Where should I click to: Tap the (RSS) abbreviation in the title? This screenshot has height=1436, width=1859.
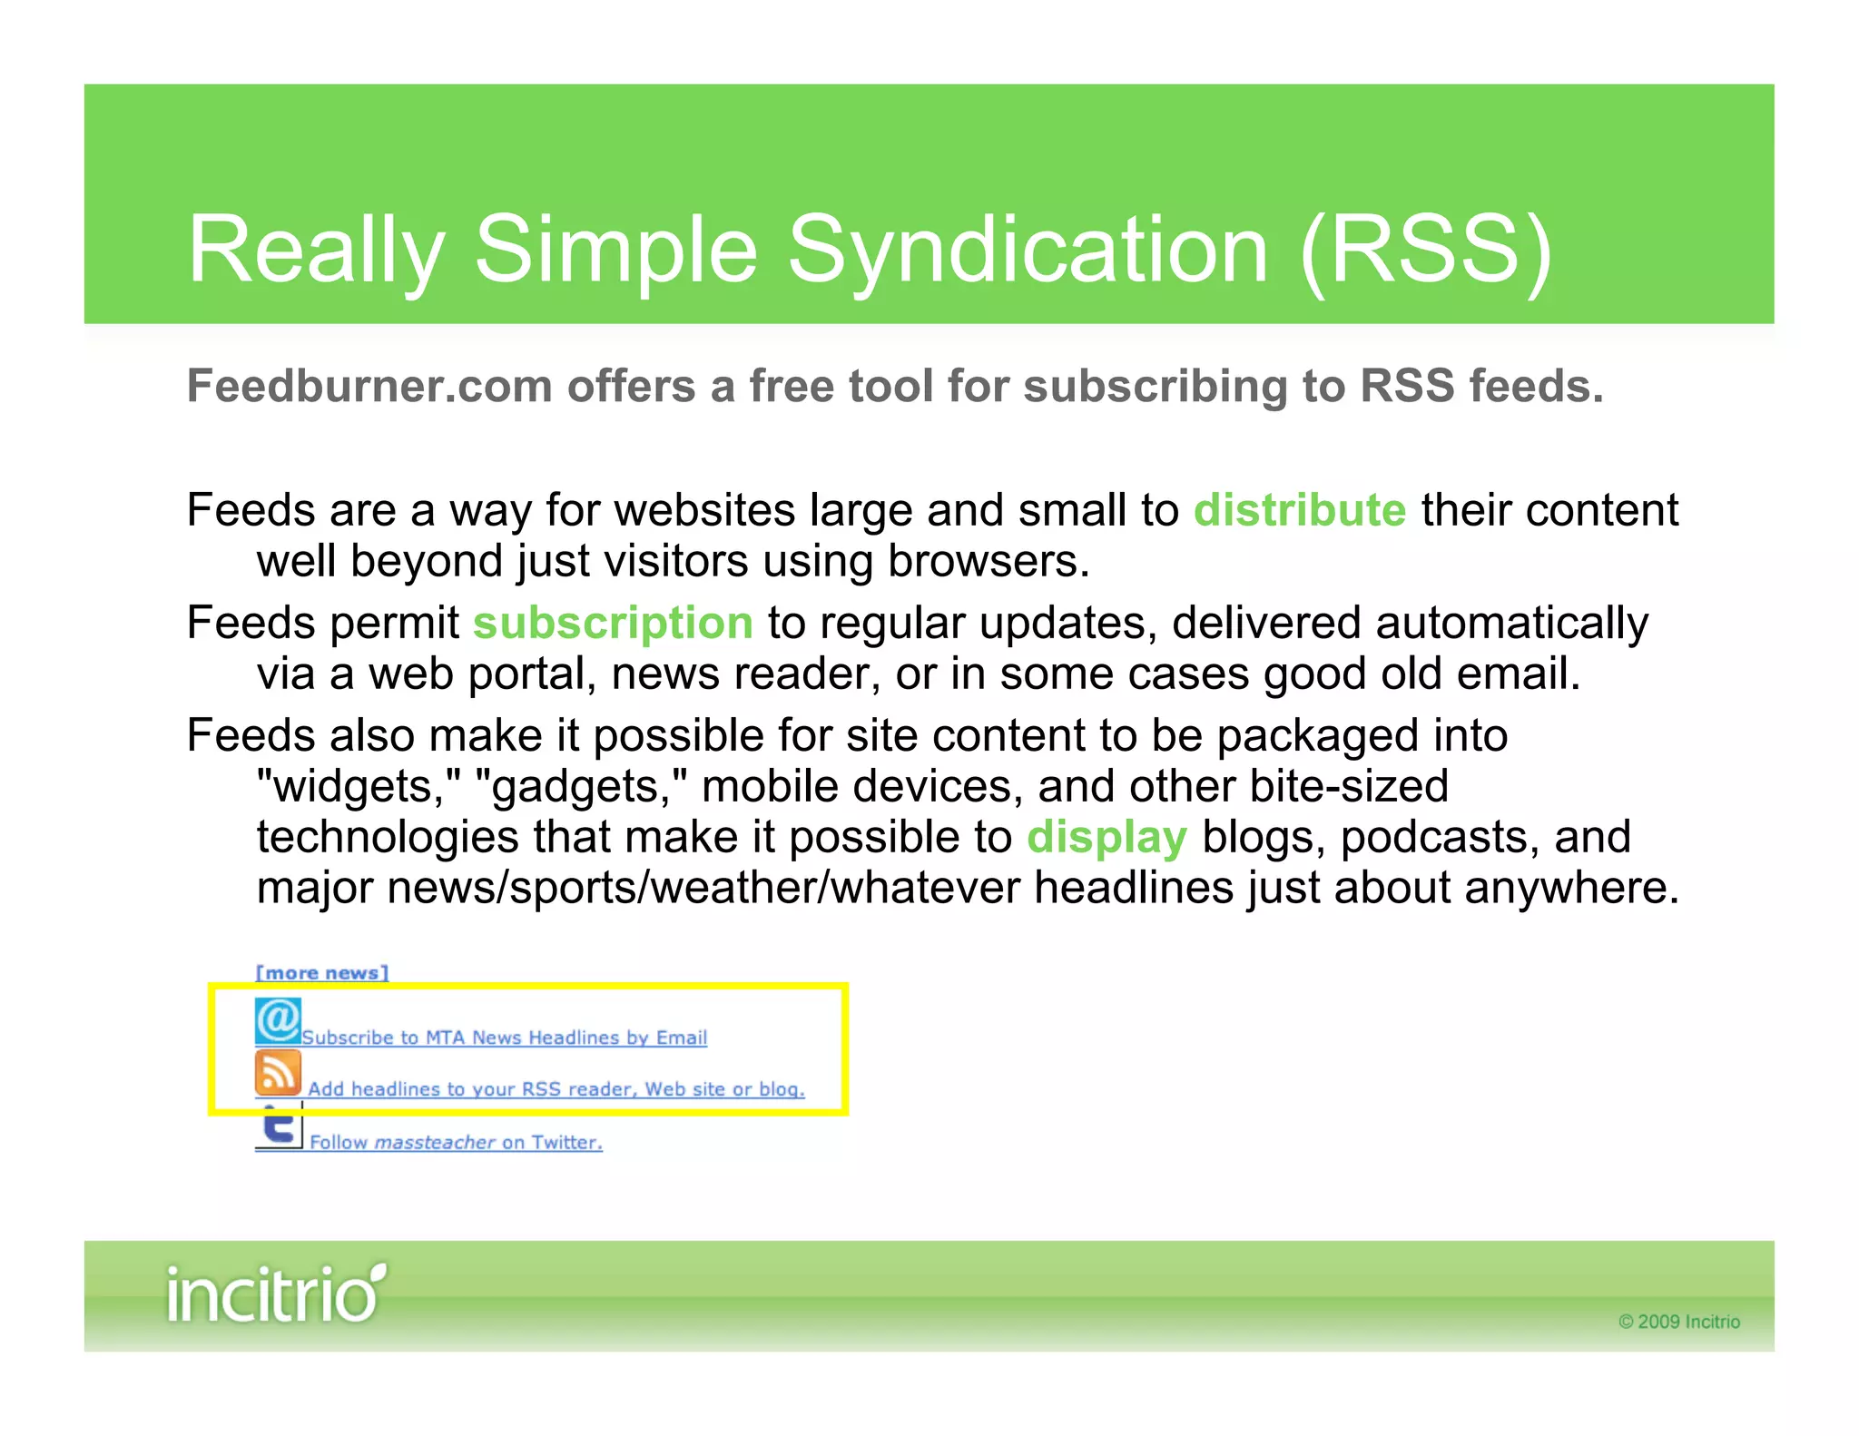tap(1426, 250)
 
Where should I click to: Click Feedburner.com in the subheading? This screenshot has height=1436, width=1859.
tap(369, 386)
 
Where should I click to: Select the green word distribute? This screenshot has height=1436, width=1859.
tap(1299, 510)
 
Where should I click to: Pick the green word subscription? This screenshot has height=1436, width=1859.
tap(613, 624)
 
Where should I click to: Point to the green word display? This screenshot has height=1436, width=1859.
tap(1106, 837)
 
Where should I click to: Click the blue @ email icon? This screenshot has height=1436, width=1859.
tap(278, 1021)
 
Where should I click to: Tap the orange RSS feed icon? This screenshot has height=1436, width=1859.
tap(278, 1073)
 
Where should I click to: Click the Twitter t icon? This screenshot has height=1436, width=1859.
tap(279, 1127)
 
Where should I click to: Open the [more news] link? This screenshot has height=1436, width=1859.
tap(321, 973)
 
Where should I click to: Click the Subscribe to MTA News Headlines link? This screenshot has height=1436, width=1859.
tap(504, 1038)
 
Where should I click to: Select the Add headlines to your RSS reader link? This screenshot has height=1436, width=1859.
tap(556, 1089)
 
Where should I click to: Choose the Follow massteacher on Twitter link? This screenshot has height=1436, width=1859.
tap(456, 1143)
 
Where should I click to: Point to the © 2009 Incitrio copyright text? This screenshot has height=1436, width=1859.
tap(1678, 1322)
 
